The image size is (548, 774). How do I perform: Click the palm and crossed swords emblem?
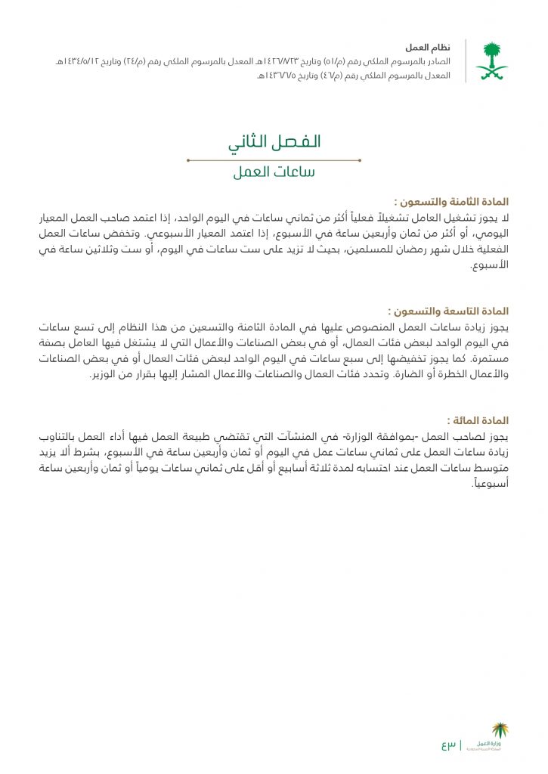[491, 61]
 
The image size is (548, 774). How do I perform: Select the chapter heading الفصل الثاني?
[274, 142]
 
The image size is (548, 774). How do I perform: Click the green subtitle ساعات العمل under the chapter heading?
[274, 172]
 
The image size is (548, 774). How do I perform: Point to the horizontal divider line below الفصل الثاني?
[274, 160]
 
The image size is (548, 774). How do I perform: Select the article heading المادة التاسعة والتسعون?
[449, 311]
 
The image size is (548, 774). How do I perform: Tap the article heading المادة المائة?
[478, 420]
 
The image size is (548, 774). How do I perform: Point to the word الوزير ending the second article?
[106, 375]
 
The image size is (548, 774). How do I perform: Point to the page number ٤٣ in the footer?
[449, 745]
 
